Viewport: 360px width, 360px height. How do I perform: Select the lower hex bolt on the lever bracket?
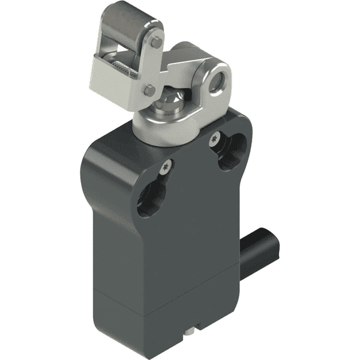pyautogui.click(x=148, y=90)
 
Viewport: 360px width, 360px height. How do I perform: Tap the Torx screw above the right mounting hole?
pyautogui.click(x=214, y=140)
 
